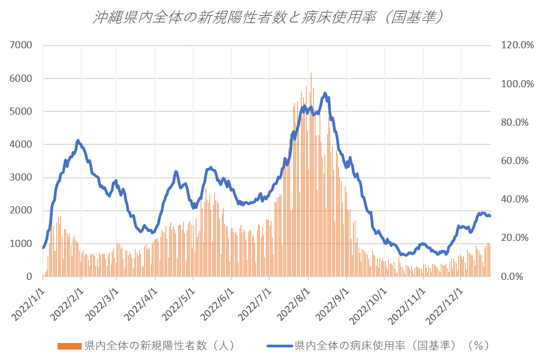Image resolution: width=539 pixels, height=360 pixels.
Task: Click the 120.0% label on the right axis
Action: (x=517, y=45)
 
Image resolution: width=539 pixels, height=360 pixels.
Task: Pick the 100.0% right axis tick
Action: (x=517, y=84)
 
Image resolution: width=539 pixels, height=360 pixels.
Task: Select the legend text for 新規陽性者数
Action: (x=160, y=346)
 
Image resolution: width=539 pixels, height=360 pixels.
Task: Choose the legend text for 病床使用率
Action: (x=391, y=346)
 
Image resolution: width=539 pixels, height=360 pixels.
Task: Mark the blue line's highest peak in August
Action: (x=325, y=93)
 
